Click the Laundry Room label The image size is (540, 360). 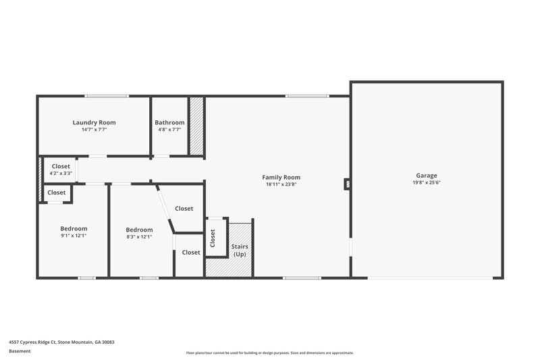coord(94,122)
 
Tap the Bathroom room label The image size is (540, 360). coord(169,122)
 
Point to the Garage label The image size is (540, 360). coord(427,175)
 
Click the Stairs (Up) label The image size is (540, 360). coord(240,251)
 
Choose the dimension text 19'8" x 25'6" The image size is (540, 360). coord(427,182)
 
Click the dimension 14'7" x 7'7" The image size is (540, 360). coord(94,129)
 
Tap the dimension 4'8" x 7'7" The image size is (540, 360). coord(169,129)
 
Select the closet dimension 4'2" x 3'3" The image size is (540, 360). coord(61,174)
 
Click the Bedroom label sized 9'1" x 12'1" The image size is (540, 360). coord(74,228)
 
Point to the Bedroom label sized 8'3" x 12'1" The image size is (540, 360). coord(139,230)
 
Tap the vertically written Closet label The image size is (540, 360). coord(213,238)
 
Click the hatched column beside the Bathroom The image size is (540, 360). coord(196,128)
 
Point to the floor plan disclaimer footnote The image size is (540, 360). coord(269,353)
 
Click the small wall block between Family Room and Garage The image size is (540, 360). coord(347,183)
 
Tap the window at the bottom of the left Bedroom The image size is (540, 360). coord(87,278)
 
